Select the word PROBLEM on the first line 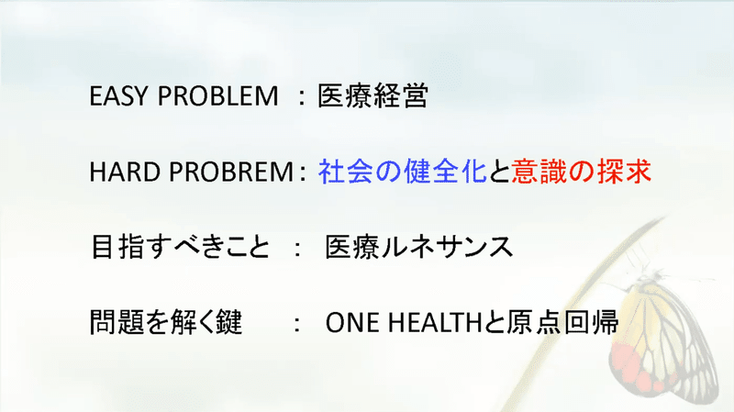[217, 96]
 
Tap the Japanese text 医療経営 [373, 96]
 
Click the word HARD [124, 172]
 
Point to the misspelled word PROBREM [231, 172]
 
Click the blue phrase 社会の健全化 [402, 172]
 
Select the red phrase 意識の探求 [581, 172]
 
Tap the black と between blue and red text [499, 172]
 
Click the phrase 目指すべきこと [181, 247]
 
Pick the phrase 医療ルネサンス [419, 247]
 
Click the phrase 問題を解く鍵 [166, 322]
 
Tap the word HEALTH [435, 323]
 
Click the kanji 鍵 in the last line [228, 322]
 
